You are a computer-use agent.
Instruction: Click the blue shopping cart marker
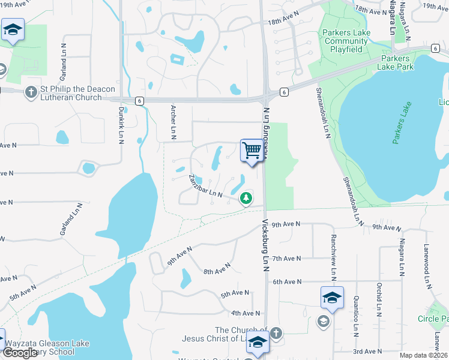(253, 150)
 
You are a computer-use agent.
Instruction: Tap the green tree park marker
(246, 197)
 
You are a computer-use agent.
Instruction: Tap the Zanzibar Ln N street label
(205, 187)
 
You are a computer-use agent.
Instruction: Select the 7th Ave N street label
(286, 259)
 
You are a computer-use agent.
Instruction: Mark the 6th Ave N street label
(286, 281)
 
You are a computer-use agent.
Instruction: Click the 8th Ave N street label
(217, 269)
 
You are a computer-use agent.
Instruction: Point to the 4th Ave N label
(245, 313)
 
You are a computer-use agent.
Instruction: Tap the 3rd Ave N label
(366, 351)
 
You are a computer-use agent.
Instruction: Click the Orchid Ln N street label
(379, 299)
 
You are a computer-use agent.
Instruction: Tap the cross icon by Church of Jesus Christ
(276, 332)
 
